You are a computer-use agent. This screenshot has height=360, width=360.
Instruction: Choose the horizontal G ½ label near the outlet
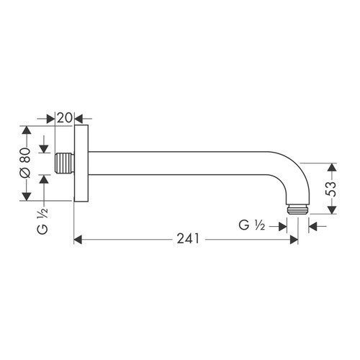click(x=253, y=225)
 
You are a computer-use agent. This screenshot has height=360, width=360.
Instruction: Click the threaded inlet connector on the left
click(x=65, y=164)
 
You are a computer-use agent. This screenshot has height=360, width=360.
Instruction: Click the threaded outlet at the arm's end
click(x=298, y=208)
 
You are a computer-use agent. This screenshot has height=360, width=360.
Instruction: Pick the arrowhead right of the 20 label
click(x=78, y=117)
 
